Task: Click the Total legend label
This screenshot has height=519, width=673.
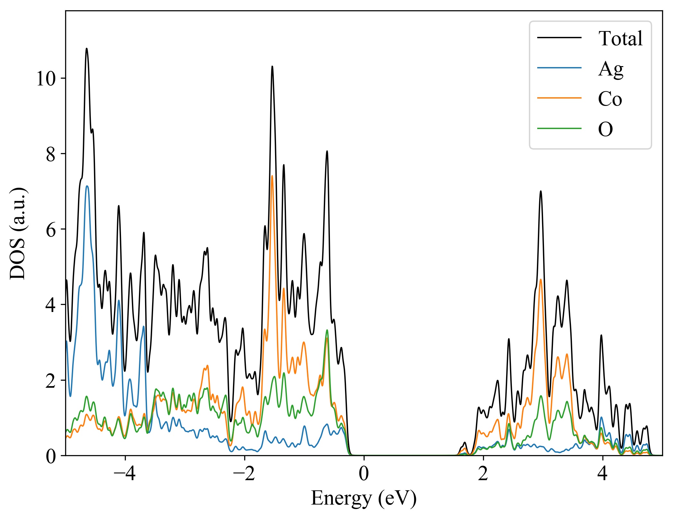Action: [620, 39]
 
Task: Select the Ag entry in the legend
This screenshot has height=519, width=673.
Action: [610, 69]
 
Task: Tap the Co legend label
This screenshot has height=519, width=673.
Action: [610, 99]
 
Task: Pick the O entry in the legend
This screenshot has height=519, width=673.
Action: [605, 129]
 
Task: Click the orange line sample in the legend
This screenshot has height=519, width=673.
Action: [559, 98]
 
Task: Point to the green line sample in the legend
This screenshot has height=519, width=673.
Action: [559, 128]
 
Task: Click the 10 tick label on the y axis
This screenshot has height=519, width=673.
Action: [46, 78]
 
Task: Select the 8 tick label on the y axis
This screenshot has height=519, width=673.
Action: [51, 154]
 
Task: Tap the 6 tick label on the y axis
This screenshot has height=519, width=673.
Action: [51, 229]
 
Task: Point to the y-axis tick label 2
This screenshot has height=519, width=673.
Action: [51, 381]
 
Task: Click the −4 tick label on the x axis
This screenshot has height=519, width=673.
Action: [125, 474]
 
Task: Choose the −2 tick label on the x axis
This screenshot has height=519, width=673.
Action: [244, 474]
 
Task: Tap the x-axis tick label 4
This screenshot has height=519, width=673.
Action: [603, 474]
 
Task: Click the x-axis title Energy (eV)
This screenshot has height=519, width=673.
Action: [364, 498]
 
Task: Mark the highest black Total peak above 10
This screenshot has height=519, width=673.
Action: [86, 49]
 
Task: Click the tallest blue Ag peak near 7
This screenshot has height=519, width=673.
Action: [87, 186]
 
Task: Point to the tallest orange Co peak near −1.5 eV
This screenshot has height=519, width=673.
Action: [272, 176]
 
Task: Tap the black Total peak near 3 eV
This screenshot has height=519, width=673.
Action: [541, 191]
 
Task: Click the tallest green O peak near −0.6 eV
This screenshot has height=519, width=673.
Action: [327, 330]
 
